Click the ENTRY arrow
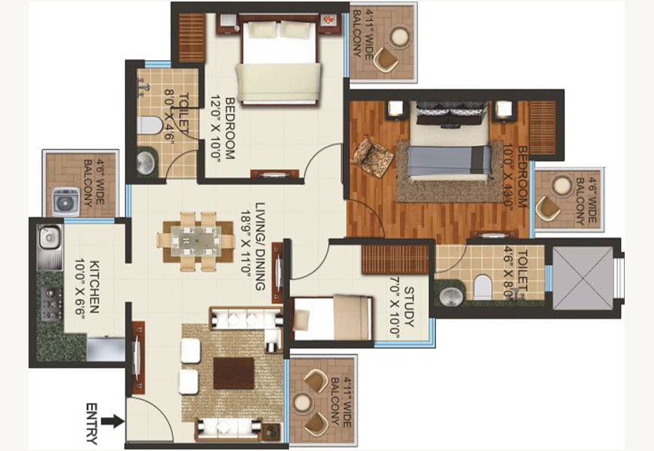[x=113, y=421]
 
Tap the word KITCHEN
[x=94, y=287]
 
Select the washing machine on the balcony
[x=65, y=202]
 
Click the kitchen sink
[x=49, y=238]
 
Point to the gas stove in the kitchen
[x=51, y=304]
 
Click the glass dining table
[x=196, y=241]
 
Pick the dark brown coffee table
[x=234, y=373]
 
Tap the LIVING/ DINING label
[x=260, y=247]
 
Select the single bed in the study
[x=333, y=317]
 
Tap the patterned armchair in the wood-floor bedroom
[x=372, y=155]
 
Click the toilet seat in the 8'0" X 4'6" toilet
[x=150, y=126]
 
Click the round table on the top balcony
[x=401, y=37]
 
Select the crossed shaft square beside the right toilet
[x=583, y=278]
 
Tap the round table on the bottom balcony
[x=302, y=403]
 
